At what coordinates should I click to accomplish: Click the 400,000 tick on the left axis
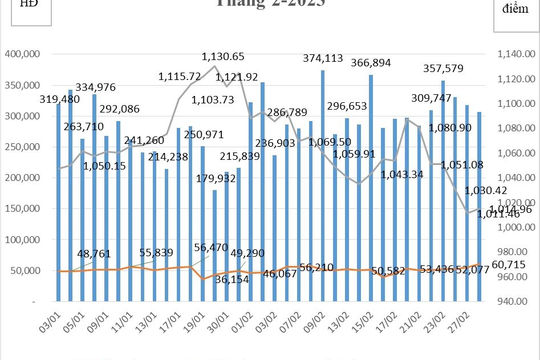tap(22, 56)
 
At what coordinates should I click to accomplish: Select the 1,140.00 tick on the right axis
tap(509, 56)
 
